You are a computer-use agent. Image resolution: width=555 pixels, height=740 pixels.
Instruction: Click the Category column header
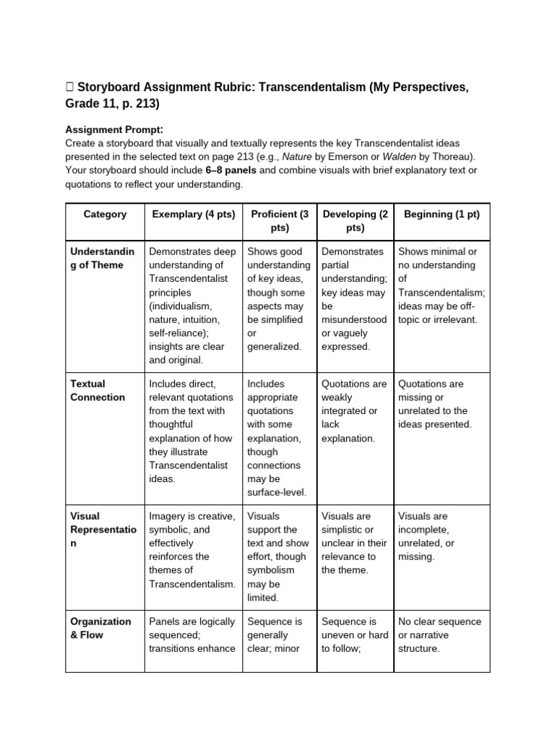pos(105,214)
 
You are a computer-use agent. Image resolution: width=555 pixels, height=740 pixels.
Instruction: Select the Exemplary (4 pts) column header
pos(194,214)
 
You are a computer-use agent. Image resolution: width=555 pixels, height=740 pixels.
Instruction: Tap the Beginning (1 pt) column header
pos(442,214)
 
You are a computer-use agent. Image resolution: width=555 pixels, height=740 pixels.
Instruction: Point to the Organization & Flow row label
pos(100,628)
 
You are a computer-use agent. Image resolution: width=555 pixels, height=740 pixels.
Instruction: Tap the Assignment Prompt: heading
pos(114,129)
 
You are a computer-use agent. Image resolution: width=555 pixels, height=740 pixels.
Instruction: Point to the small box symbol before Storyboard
pos(69,87)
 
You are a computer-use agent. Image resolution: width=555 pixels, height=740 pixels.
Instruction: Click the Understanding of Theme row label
pos(102,258)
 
